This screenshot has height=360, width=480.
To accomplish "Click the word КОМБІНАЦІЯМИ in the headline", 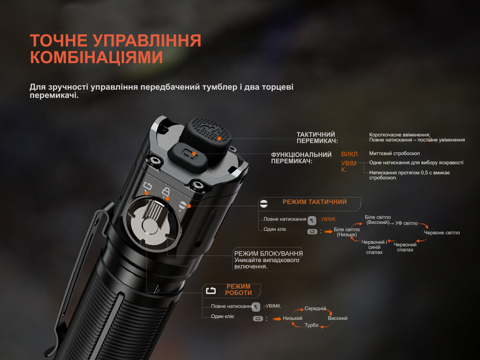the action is coord(96,57).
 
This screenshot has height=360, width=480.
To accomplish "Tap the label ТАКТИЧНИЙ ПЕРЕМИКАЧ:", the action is coord(317,138).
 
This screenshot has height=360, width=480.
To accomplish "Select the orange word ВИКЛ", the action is coord(349,154).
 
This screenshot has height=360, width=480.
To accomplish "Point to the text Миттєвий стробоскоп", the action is coord(394,153).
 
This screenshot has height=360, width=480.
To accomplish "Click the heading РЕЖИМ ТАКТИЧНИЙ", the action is coord(315,202).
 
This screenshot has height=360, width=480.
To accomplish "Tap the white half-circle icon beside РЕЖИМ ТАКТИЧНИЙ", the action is coord(264,204).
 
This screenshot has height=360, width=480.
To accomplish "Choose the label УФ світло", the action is coord(406,223).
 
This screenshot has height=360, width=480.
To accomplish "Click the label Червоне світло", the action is coord(442,232).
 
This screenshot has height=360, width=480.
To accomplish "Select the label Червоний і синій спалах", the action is coord(374,247).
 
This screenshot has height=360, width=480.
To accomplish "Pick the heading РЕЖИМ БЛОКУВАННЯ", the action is coord(268,254).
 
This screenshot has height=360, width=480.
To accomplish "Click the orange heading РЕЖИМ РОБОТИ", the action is coord(238,290).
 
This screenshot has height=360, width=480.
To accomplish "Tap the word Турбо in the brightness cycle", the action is coord(311,325).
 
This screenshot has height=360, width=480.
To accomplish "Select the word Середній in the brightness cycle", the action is coord(315,309).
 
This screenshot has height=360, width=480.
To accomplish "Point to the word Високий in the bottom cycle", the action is coord(338,318).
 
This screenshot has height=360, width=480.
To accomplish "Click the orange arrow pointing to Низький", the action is coord(277,319).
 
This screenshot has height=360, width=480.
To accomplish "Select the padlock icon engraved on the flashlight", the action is coord(165,191).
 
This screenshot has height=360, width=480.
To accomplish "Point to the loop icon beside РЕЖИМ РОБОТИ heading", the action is coord(211,291).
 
